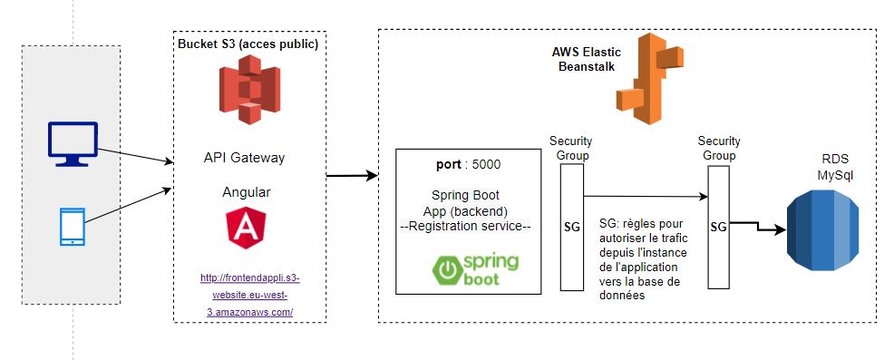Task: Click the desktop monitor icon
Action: click(x=70, y=145)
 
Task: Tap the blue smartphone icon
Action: click(x=72, y=227)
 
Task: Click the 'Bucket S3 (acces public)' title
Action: click(x=248, y=44)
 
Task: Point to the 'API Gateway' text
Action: click(x=244, y=158)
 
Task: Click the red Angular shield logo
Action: click(x=245, y=227)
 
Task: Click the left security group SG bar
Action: click(x=571, y=226)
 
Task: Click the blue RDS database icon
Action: click(x=820, y=232)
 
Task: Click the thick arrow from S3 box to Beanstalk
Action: click(x=351, y=175)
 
